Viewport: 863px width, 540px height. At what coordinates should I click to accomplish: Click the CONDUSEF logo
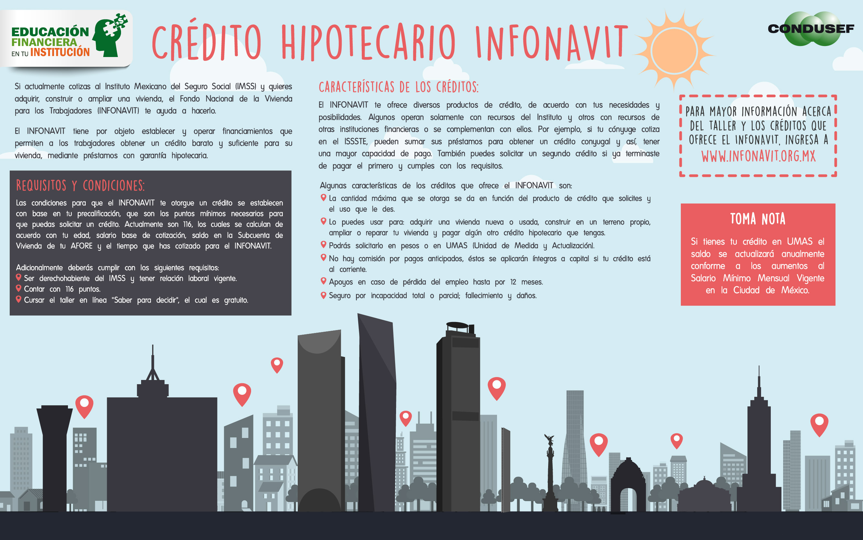click(x=811, y=29)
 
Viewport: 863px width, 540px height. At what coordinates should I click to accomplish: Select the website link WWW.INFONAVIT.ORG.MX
click(x=758, y=156)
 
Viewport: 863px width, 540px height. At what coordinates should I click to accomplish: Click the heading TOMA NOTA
click(x=758, y=219)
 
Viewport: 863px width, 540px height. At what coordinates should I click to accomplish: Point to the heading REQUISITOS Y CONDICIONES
click(x=80, y=186)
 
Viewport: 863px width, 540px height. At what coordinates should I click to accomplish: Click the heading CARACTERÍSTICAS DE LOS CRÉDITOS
click(x=399, y=87)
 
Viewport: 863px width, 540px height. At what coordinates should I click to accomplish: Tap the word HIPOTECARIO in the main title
click(x=369, y=42)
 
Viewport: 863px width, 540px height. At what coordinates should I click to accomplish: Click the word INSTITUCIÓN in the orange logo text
click(x=60, y=52)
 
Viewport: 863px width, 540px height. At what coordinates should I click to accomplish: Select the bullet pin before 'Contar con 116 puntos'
click(x=18, y=288)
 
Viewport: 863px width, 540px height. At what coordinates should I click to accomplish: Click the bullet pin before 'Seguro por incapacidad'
click(x=323, y=295)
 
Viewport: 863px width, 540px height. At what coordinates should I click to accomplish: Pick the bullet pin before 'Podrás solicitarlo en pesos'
click(x=323, y=245)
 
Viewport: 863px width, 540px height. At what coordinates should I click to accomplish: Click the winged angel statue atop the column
click(x=549, y=440)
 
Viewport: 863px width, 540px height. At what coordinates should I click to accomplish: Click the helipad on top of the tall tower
click(x=457, y=326)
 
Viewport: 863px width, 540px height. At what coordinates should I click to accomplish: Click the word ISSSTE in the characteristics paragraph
click(x=355, y=142)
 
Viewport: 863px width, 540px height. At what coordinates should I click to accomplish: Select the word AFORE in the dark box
click(x=81, y=246)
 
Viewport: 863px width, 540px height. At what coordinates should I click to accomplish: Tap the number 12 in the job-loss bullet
click(x=513, y=282)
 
